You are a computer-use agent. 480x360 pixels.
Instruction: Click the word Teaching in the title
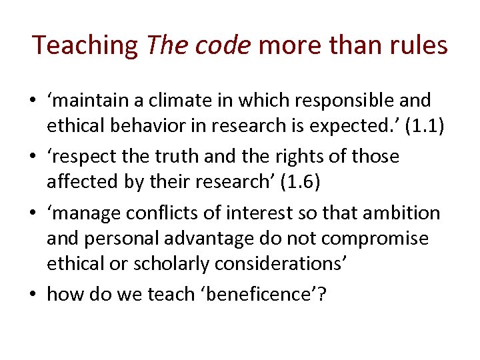pyautogui.click(x=85, y=45)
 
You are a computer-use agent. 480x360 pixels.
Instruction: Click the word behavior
pyautogui.click(x=149, y=126)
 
